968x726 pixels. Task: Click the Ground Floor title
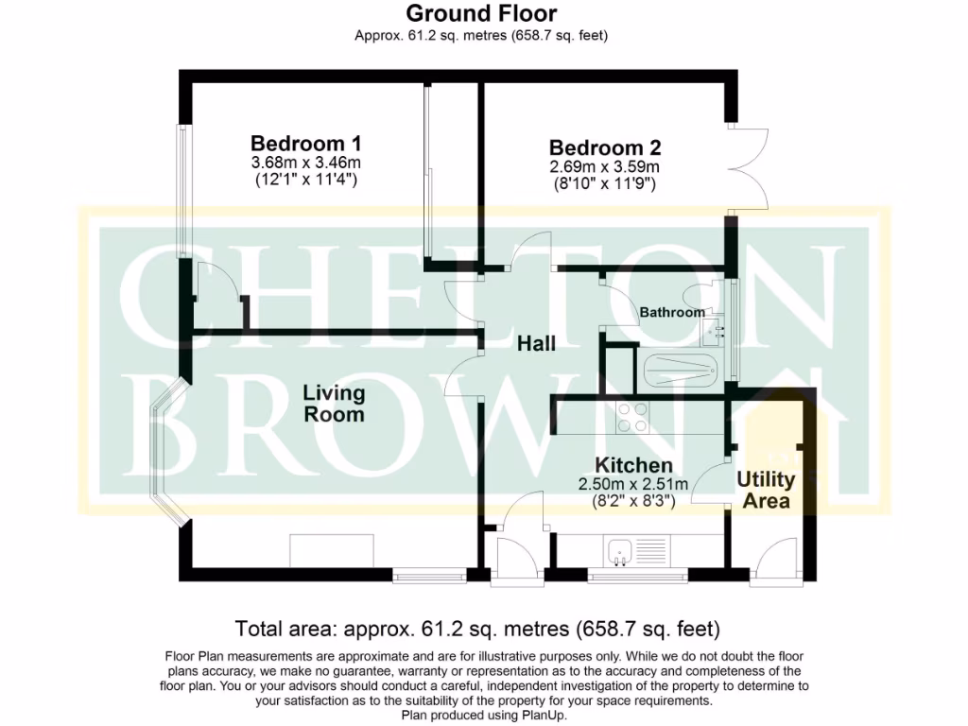pyautogui.click(x=481, y=13)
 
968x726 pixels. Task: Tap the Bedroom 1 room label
pyautogui.click(x=305, y=144)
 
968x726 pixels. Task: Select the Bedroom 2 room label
pyautogui.click(x=605, y=148)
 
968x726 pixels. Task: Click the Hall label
pyautogui.click(x=536, y=344)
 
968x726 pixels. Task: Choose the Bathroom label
pyautogui.click(x=672, y=312)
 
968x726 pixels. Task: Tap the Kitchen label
pyautogui.click(x=633, y=465)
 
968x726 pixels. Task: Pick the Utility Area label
pyautogui.click(x=766, y=491)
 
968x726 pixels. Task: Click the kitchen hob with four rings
pyautogui.click(x=632, y=416)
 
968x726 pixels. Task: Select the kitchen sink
pyautogui.click(x=621, y=550)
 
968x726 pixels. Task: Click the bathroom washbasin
pyautogui.click(x=715, y=330)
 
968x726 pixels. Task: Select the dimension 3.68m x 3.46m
pyautogui.click(x=305, y=163)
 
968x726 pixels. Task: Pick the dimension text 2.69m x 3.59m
pyautogui.click(x=605, y=167)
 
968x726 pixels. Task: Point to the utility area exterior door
pyautogui.click(x=773, y=565)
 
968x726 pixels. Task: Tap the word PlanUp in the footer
pyautogui.click(x=544, y=716)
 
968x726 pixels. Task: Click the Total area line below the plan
pyautogui.click(x=477, y=629)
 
